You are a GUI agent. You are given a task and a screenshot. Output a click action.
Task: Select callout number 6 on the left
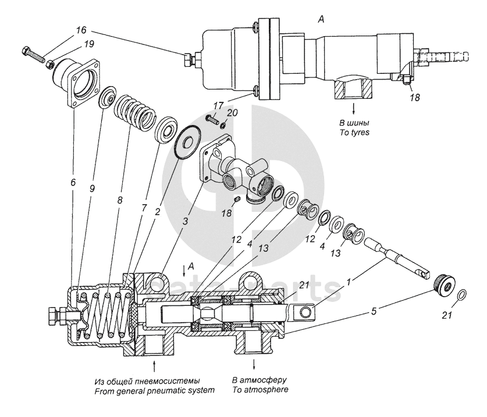point(73,182)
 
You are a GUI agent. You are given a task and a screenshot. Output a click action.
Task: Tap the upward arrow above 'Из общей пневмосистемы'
point(154,365)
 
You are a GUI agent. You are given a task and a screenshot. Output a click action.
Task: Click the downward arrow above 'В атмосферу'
point(255,364)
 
